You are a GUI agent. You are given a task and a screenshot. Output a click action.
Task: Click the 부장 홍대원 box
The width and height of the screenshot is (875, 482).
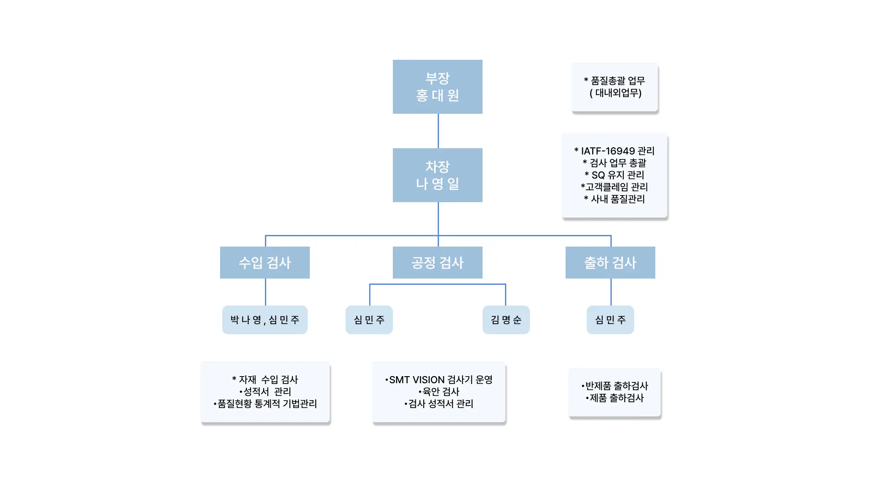coord(437,87)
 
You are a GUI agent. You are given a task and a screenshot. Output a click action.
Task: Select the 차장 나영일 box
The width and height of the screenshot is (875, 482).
coord(437,175)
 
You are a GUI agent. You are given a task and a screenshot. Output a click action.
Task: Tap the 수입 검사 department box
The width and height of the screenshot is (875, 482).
coord(265,262)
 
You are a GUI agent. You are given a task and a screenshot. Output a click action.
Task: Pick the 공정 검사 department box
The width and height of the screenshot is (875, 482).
coord(437,262)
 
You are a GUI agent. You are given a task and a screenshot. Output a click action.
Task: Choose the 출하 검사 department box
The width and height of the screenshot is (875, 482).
coord(610,262)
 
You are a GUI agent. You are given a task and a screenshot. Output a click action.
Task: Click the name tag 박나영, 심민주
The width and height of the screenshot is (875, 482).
coord(265,320)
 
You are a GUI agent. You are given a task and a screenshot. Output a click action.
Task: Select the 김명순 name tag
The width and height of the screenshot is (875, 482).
coord(506,320)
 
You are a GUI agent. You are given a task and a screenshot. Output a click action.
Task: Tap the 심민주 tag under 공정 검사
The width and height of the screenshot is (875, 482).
coord(369,320)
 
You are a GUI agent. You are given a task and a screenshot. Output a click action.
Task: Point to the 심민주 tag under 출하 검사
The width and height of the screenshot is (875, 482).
coord(610,320)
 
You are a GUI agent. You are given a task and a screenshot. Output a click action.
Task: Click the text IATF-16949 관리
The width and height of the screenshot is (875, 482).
coord(614,151)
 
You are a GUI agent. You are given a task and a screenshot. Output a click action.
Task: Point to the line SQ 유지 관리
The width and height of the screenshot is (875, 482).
coord(614,175)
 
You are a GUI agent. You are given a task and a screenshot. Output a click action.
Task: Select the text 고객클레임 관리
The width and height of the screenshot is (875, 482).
coord(614,187)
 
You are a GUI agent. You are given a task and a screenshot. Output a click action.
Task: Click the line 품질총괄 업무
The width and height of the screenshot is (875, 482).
coord(614,81)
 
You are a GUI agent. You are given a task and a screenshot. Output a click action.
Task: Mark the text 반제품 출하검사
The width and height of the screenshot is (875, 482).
coord(615,386)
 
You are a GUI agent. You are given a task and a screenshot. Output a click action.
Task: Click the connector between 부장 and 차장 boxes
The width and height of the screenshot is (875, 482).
coord(438,131)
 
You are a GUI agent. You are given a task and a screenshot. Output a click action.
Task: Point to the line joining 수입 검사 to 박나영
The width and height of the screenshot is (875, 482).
coord(265,292)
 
